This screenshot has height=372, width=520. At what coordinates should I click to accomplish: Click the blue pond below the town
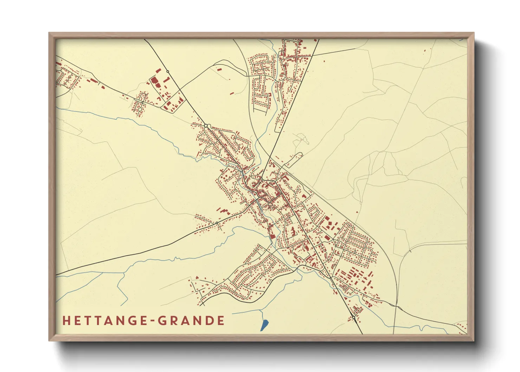coord(265,325)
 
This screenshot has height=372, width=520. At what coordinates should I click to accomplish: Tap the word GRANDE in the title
coord(191,321)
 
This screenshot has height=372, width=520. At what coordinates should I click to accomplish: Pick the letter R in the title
coord(174,321)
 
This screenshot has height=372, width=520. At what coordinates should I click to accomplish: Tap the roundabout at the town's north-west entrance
coord(206,126)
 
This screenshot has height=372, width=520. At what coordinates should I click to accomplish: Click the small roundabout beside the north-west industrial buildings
coord(168,72)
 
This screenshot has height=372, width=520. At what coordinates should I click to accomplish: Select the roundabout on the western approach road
coord(217,223)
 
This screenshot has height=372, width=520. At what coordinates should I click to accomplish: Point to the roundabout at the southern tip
coord(353,317)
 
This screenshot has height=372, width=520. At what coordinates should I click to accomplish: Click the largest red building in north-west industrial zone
coord(155,82)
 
